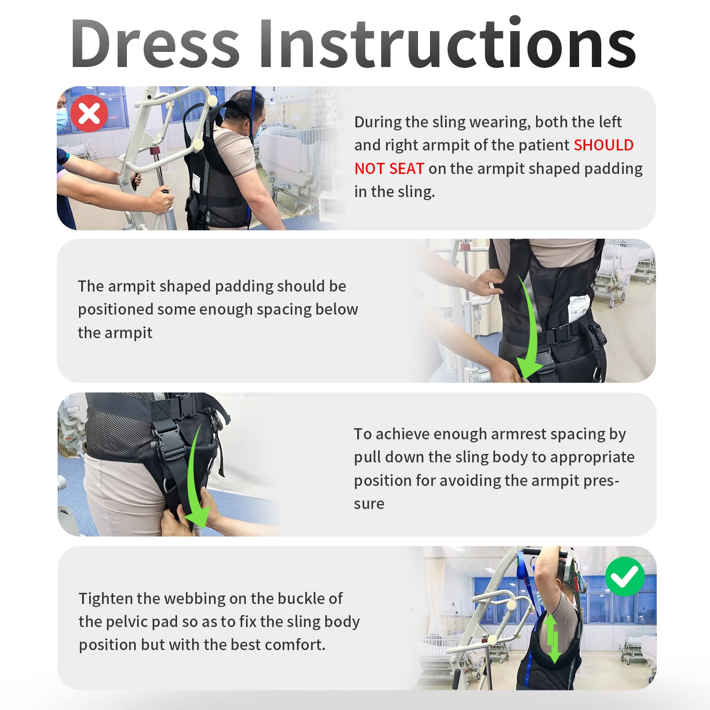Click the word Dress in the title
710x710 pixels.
click(x=155, y=43)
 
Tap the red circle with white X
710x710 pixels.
click(x=90, y=113)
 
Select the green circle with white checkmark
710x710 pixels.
click(x=625, y=576)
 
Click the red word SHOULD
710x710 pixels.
click(x=603, y=145)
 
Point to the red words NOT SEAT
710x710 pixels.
click(x=389, y=169)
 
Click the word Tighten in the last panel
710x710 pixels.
click(x=106, y=599)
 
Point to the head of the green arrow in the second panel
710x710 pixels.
click(x=529, y=368)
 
